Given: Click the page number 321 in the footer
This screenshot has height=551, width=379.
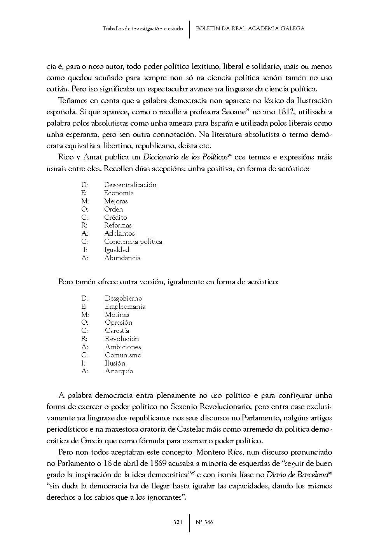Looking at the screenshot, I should (178, 522).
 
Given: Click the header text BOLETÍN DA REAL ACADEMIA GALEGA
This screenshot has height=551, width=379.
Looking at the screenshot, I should (250, 28).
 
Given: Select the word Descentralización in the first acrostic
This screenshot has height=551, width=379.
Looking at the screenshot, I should (130, 185).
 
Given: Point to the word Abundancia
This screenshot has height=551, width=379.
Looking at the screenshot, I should (122, 258).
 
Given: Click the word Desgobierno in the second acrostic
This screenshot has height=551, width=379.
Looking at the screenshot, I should (123, 298).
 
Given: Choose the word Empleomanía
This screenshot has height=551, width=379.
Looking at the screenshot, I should (125, 306).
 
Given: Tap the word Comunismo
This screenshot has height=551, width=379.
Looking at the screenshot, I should (123, 355).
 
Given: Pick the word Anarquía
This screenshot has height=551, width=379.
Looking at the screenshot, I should (119, 371).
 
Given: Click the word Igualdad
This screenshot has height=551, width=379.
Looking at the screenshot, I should (116, 250).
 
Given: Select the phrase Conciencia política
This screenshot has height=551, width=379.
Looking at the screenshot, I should (133, 241).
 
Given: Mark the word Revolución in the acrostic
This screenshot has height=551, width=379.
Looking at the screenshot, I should (122, 339).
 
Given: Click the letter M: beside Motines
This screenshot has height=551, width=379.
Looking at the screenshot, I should (85, 315).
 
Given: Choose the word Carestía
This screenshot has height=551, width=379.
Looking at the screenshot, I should (117, 331).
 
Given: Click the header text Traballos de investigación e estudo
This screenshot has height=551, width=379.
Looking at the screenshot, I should (143, 29).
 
